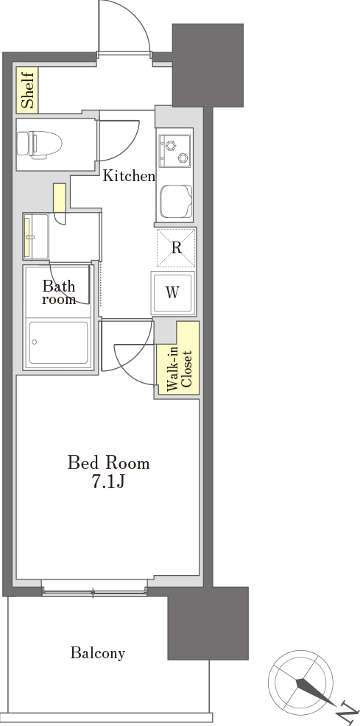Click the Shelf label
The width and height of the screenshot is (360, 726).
[28, 90]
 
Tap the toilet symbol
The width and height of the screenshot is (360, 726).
[39, 144]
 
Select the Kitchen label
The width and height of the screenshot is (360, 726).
[128, 176]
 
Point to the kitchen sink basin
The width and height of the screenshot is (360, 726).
[176, 202]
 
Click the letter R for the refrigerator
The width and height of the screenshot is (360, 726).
[176, 248]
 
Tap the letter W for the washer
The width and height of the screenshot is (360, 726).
[172, 292]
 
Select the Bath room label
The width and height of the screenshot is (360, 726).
[59, 292]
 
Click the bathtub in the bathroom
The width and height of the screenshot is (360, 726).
[58, 342]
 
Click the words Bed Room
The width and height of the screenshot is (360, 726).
[109, 462]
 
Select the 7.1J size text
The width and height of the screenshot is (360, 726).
[108, 482]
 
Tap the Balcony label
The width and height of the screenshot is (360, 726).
[98, 653]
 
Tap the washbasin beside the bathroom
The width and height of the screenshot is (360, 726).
[36, 236]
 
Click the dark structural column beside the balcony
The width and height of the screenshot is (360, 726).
[208, 623]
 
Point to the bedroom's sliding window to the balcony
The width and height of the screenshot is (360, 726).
[94, 589]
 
